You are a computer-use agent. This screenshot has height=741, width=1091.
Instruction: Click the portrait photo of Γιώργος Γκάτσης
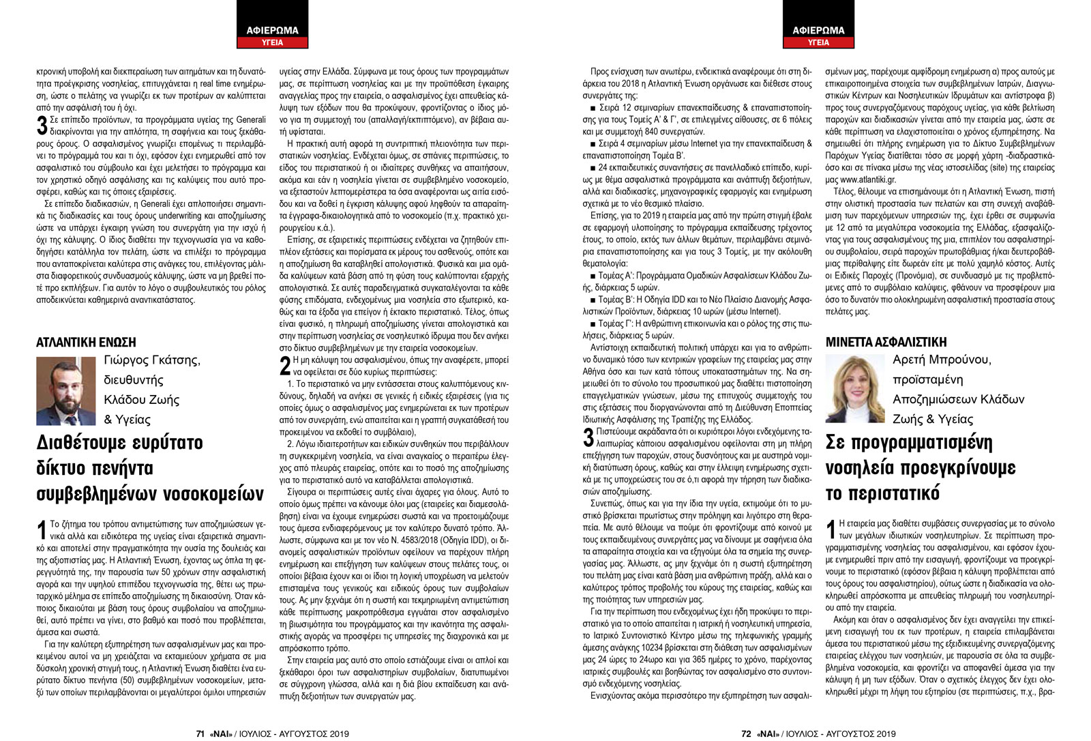pyautogui.click(x=65, y=391)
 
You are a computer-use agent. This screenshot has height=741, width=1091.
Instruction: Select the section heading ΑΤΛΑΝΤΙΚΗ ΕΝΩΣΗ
pyautogui.click(x=86, y=343)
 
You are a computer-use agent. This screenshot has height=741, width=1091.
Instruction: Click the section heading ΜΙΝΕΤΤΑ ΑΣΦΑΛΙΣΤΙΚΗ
pyautogui.click(x=886, y=342)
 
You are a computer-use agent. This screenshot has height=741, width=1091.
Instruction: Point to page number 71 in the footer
pyautogui.click(x=200, y=733)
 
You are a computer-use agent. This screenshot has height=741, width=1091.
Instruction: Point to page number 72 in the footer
pyautogui.click(x=746, y=733)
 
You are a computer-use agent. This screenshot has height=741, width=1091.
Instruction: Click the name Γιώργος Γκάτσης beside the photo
pyautogui.click(x=152, y=360)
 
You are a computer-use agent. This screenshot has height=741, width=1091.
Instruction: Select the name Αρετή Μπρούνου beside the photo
pyautogui.click(x=942, y=360)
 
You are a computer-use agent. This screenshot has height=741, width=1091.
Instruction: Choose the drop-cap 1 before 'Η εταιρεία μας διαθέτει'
pyautogui.click(x=831, y=529)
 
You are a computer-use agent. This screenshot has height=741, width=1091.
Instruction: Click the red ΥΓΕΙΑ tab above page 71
pyautogui.click(x=272, y=42)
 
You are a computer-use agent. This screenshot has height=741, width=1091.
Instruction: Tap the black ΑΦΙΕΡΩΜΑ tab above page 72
pyautogui.click(x=818, y=30)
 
